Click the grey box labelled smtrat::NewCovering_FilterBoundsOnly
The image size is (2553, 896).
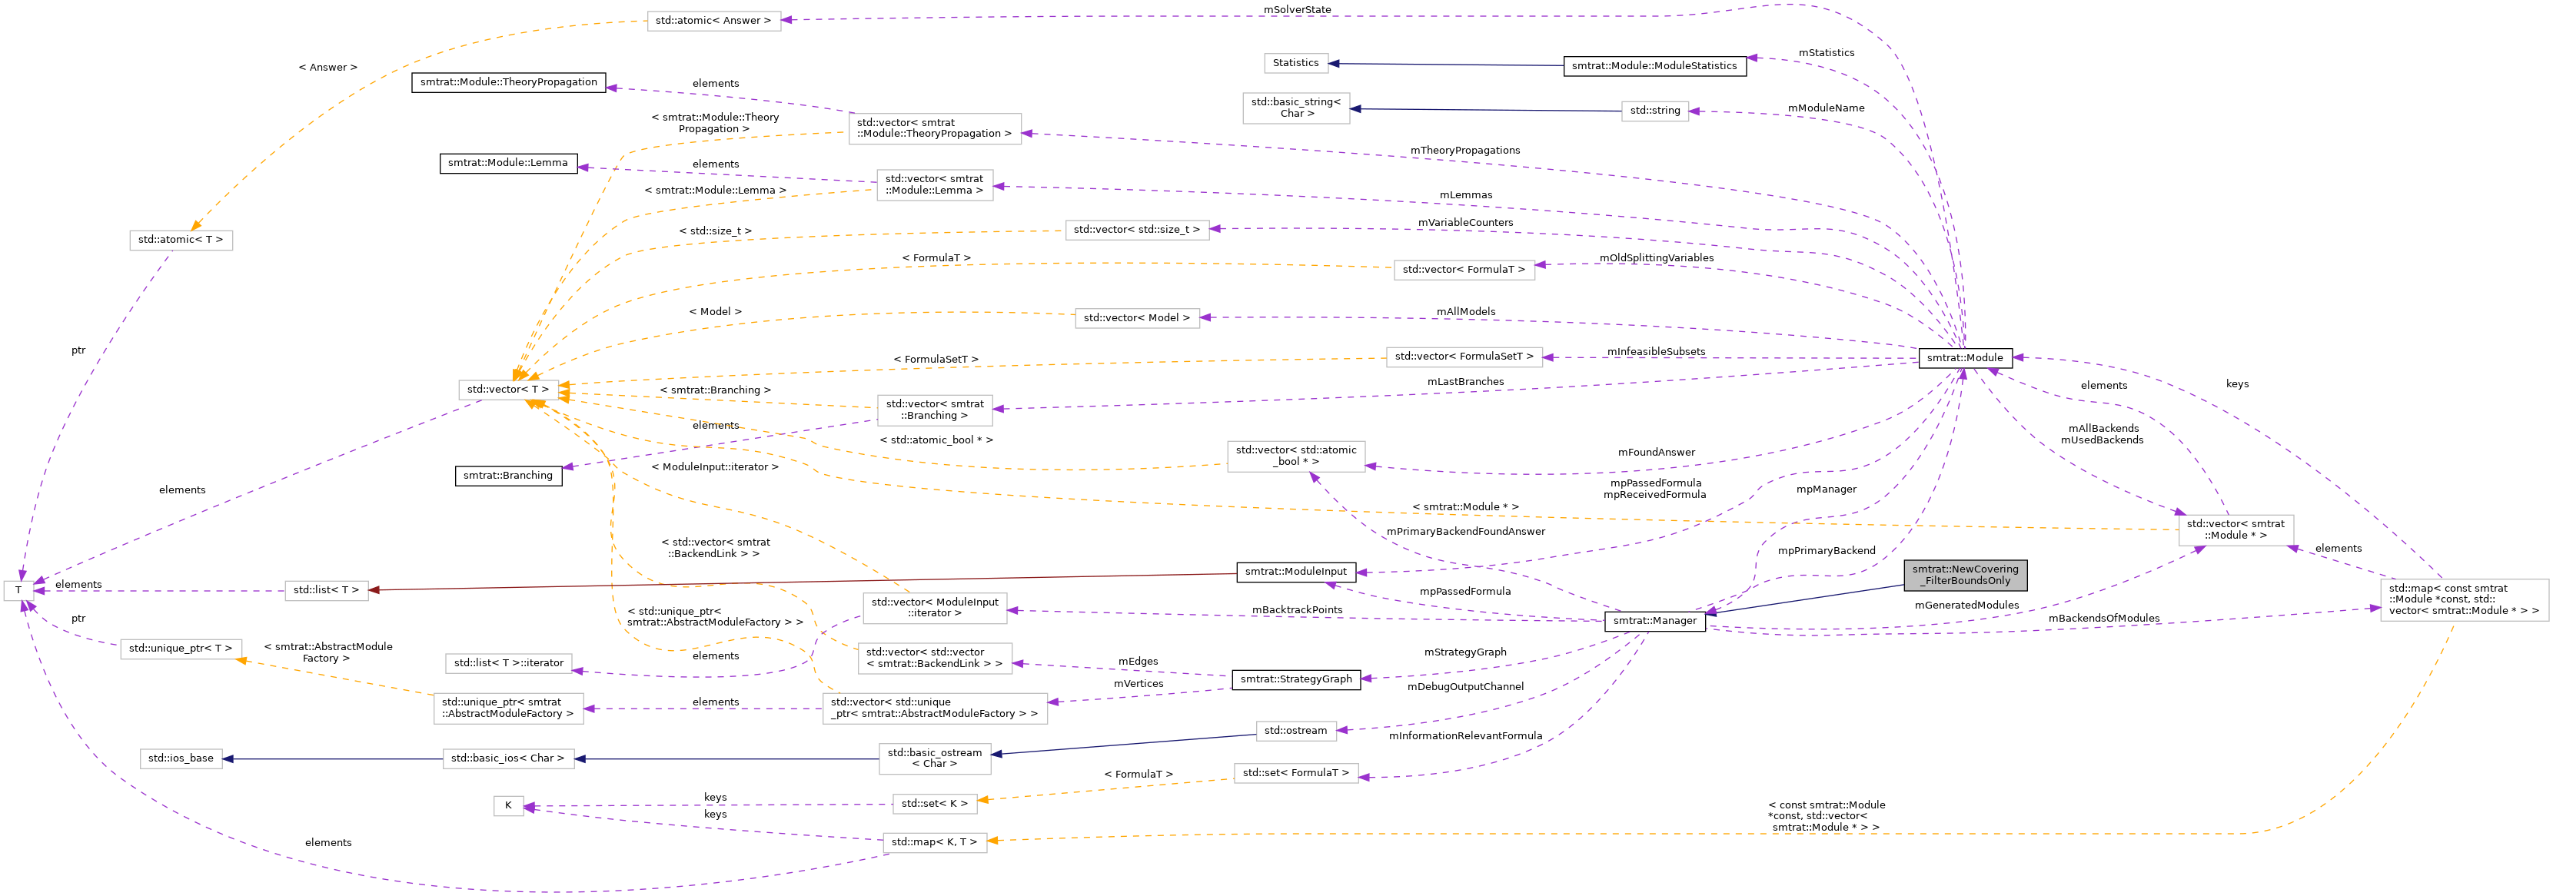coord(1964,575)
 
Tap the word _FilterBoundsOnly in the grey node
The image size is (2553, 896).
coord(1966,582)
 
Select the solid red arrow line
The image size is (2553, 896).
coord(793,581)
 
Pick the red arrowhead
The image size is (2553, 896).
coord(374,589)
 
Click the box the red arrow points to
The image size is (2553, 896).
coord(326,591)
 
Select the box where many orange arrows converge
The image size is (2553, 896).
coord(508,390)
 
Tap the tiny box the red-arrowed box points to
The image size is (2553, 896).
coord(18,591)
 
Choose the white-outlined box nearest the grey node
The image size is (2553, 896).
coord(2235,530)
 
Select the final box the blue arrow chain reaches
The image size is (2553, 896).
coord(181,759)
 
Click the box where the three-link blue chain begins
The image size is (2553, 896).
coord(1295,732)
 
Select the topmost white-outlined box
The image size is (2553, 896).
coord(713,22)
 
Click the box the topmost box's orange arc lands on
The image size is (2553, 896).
coord(181,241)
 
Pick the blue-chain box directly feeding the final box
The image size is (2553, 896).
coord(507,759)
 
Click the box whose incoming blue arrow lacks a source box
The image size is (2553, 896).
coord(1295,64)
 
